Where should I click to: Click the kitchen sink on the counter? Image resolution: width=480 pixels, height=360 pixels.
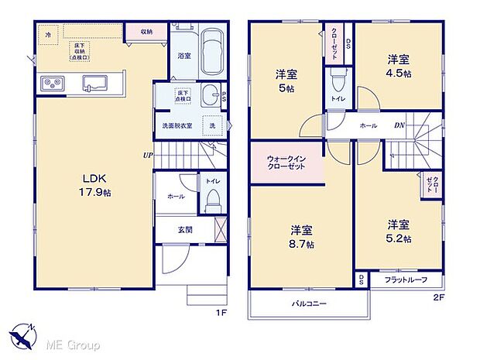tap(95, 83)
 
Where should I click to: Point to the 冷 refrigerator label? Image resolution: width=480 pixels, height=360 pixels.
tap(48, 35)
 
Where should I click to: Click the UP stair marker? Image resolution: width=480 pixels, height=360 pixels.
tap(146, 154)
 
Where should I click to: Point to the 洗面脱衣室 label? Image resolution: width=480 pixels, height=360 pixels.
tap(176, 125)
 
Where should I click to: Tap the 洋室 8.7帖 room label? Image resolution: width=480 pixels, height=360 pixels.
tap(302, 237)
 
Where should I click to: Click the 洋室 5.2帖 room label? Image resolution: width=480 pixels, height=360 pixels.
tap(399, 231)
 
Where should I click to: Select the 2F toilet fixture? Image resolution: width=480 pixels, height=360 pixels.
tap(338, 83)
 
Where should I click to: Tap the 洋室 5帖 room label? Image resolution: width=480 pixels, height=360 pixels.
tap(286, 81)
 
